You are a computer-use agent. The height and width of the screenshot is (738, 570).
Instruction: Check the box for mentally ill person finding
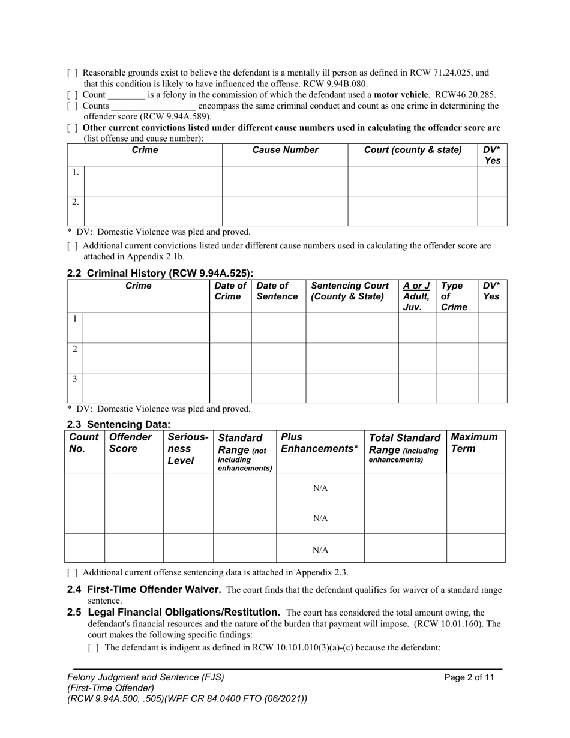(x=72, y=73)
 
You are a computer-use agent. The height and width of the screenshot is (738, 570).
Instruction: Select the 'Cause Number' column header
(x=285, y=150)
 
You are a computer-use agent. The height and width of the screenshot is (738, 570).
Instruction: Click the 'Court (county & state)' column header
(x=413, y=150)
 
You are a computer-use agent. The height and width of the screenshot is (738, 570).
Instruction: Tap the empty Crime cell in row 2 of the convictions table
(x=153, y=211)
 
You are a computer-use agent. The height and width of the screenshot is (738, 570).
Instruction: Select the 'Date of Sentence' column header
(x=277, y=291)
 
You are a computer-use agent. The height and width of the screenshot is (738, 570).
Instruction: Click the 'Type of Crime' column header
(x=454, y=296)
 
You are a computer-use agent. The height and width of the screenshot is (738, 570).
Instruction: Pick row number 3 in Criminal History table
(x=74, y=379)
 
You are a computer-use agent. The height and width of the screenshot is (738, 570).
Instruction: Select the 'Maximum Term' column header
(x=474, y=443)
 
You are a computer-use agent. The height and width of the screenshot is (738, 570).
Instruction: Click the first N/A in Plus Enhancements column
(x=320, y=488)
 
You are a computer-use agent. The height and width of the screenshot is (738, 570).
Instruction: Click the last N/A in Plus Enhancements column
(x=320, y=550)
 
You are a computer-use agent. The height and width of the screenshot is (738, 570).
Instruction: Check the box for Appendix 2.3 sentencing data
(x=72, y=572)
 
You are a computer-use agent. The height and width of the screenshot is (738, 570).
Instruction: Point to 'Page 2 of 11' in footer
(x=469, y=677)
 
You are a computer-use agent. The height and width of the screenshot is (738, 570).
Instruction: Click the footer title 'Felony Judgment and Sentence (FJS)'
(x=146, y=677)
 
